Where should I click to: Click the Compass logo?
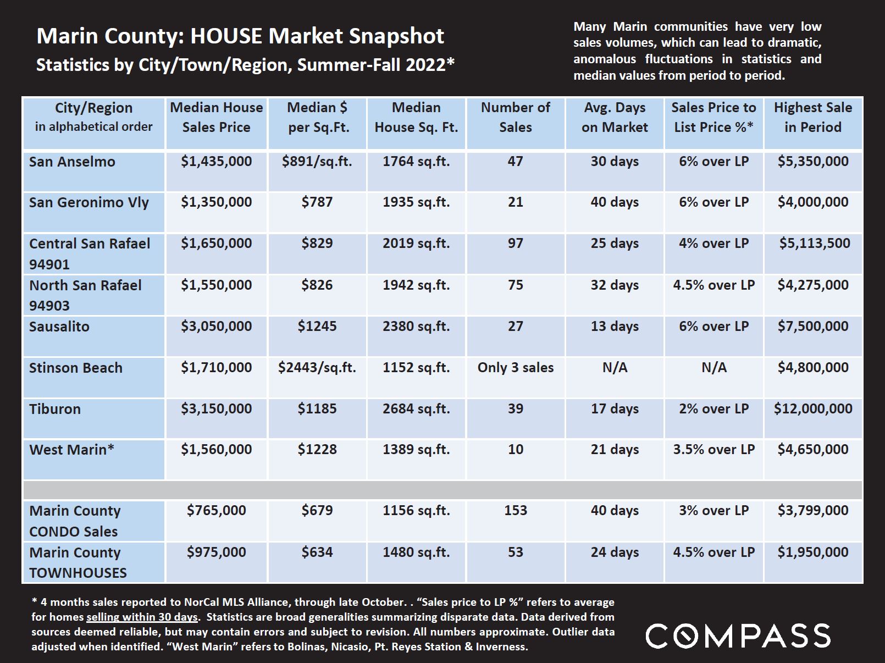pyautogui.click(x=738, y=636)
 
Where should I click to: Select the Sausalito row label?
pyautogui.click(x=59, y=327)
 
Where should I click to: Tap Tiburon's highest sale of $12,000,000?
pyautogui.click(x=813, y=408)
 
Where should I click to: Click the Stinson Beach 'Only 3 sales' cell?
pyautogui.click(x=515, y=368)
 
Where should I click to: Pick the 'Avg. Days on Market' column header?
pyautogui.click(x=615, y=117)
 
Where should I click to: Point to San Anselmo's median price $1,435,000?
pyautogui.click(x=216, y=161)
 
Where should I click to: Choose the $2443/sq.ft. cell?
pyautogui.click(x=317, y=368)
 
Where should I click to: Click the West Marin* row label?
pyautogui.click(x=72, y=449)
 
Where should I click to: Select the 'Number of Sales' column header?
pyautogui.click(x=515, y=117)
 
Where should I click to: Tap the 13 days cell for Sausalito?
pyautogui.click(x=615, y=326)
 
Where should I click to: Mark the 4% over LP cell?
pyautogui.click(x=713, y=244)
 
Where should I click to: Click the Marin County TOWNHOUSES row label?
pyautogui.click(x=78, y=562)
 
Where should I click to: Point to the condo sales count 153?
pyautogui.click(x=515, y=510)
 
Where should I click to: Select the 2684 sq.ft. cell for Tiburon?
pyautogui.click(x=416, y=408)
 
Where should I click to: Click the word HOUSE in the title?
pyautogui.click(x=226, y=36)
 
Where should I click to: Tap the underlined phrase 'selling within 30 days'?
pyautogui.click(x=142, y=617)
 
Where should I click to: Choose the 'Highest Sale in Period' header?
pyautogui.click(x=813, y=117)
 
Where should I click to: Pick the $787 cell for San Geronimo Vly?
pyautogui.click(x=317, y=202)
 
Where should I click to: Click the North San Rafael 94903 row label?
pyautogui.click(x=85, y=295)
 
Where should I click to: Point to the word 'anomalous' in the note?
pyautogui.click(x=604, y=59)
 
